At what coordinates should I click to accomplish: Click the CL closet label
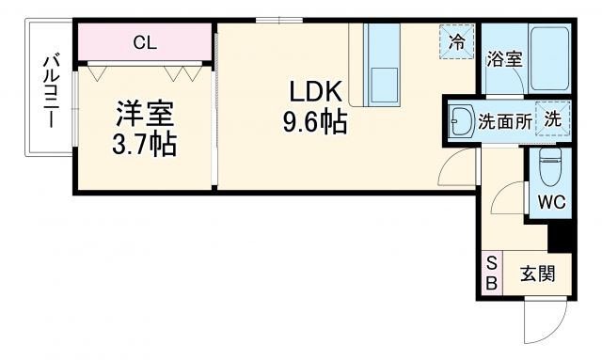click(144, 41)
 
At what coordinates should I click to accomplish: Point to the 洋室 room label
click(145, 115)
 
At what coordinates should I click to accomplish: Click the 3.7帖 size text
click(145, 146)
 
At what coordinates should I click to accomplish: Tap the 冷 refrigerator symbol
click(457, 41)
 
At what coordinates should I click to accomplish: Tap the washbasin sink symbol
click(461, 119)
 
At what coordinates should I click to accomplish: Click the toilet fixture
click(550, 169)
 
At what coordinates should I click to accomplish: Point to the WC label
click(549, 202)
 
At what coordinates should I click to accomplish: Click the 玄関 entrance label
click(536, 274)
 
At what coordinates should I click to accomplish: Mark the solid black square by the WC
click(560, 238)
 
